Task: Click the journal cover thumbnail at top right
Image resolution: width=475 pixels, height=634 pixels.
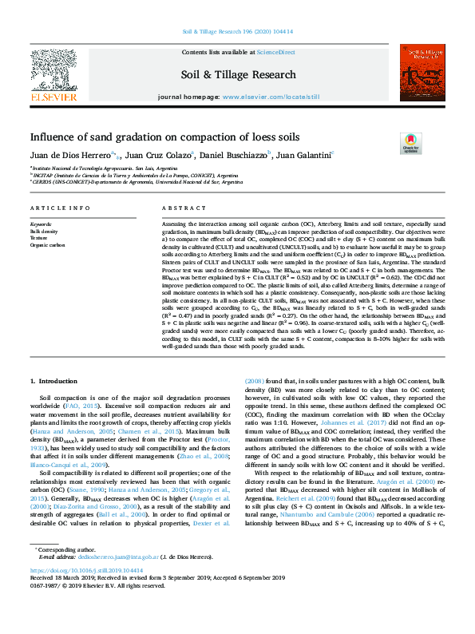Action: (x=422, y=73)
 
